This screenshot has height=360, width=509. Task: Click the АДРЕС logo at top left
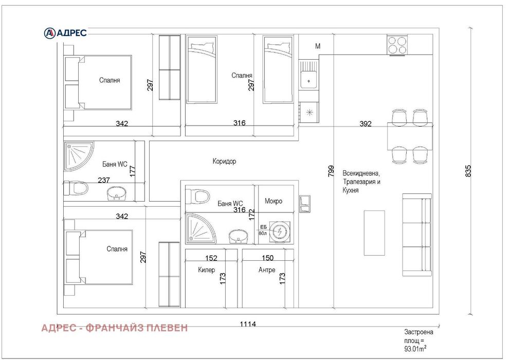point(65,32)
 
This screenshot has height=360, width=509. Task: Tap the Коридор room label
point(224,161)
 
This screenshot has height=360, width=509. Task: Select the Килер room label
point(206,270)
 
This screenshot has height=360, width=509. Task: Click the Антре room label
point(267,270)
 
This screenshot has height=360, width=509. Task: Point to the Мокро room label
point(274,201)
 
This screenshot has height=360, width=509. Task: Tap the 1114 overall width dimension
point(248,324)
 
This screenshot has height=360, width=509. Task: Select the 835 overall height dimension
point(467,171)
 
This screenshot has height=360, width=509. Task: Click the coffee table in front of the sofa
point(374,232)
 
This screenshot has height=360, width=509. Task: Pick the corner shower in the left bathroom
point(78,156)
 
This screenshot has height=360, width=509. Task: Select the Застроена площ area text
point(419,340)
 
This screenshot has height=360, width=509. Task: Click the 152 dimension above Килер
point(211,258)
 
